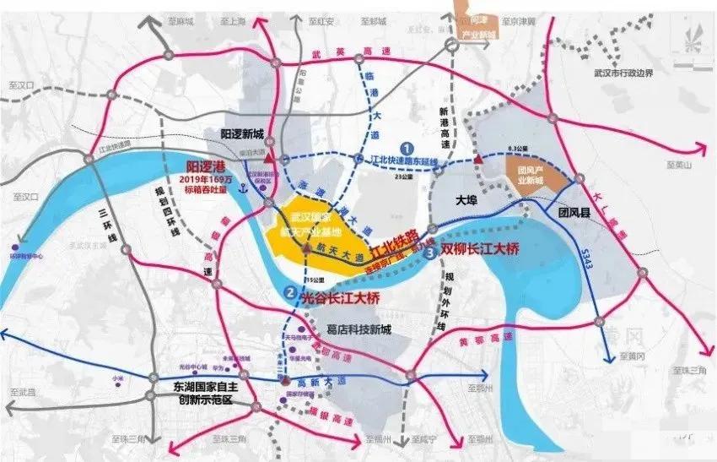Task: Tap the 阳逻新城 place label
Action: [243, 134]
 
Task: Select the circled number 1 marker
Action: [406, 146]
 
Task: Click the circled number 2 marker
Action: [290, 292]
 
